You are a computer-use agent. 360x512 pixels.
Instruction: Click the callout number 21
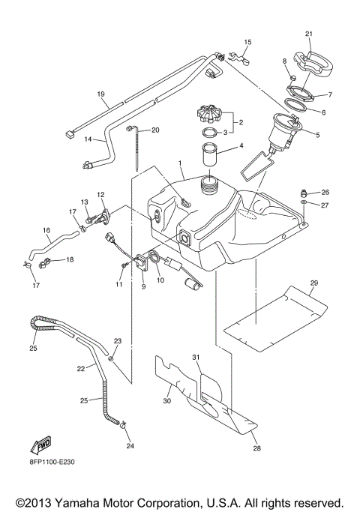click(308, 34)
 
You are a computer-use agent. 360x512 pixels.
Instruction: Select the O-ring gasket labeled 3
click(213, 133)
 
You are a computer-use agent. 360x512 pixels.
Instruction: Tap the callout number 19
click(100, 94)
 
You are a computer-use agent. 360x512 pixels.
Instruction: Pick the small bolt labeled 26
click(304, 193)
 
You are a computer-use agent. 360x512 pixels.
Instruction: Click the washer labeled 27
click(302, 203)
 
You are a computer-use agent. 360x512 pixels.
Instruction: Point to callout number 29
click(314, 282)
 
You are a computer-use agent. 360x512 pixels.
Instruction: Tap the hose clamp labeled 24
click(121, 430)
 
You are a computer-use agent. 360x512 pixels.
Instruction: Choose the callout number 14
click(88, 139)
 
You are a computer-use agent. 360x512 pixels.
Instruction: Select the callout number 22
click(81, 368)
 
